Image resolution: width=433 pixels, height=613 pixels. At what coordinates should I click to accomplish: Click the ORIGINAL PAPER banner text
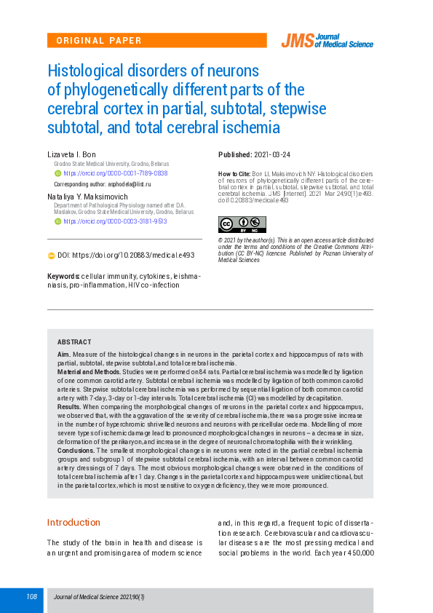click(x=99, y=41)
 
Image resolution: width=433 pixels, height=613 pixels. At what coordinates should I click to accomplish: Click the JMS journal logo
click(x=327, y=41)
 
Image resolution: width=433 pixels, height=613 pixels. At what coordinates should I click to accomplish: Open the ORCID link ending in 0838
click(x=116, y=173)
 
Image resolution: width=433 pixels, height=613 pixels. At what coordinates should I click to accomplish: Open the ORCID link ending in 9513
click(x=116, y=221)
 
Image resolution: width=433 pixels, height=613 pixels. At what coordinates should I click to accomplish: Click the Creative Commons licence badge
click(x=242, y=224)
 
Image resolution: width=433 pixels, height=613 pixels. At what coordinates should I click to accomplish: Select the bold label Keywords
click(x=63, y=277)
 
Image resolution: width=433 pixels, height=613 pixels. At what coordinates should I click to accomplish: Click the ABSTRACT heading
click(x=74, y=342)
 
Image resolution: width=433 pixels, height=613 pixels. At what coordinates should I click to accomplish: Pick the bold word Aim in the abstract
click(x=64, y=354)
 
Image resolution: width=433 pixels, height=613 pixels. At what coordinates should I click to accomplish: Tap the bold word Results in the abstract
click(x=69, y=406)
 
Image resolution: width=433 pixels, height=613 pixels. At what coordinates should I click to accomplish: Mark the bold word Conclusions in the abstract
click(x=76, y=451)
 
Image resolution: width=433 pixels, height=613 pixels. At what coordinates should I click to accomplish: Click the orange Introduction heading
click(x=74, y=523)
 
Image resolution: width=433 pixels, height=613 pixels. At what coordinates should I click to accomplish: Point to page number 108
click(x=31, y=597)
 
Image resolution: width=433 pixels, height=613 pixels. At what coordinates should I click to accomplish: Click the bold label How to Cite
click(x=234, y=175)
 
